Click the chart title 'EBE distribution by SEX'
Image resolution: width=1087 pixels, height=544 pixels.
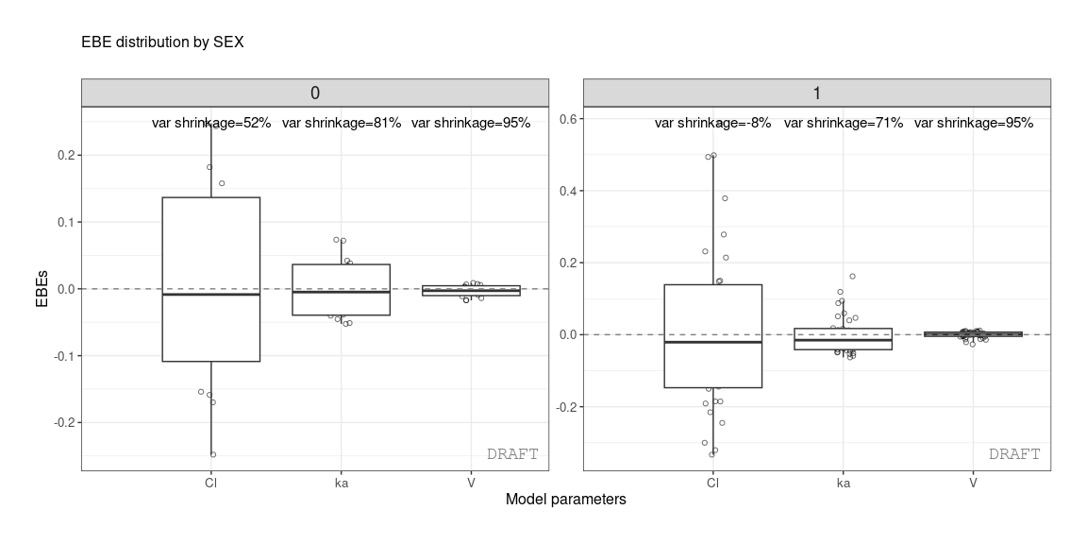pos(162,42)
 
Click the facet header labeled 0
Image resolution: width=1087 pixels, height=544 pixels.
pos(314,93)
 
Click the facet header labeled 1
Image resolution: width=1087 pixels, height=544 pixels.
pos(816,93)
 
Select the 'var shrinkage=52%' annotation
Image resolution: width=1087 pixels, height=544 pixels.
pos(211,123)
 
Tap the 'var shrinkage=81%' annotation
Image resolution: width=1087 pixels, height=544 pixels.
pos(342,123)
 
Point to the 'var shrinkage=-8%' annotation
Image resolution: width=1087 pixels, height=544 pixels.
pos(712,123)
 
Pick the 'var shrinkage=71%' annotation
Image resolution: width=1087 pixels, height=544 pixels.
pos(844,123)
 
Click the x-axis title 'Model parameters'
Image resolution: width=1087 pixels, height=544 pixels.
pos(565,499)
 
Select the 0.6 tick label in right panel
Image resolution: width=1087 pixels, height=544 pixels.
pos(568,118)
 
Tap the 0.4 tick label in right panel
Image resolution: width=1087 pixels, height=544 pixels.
pos(568,191)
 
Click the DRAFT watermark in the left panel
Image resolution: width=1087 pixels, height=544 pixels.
pos(512,454)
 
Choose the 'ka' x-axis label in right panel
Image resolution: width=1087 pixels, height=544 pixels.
pos(844,483)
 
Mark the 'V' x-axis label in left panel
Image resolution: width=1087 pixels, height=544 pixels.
pos(471,483)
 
